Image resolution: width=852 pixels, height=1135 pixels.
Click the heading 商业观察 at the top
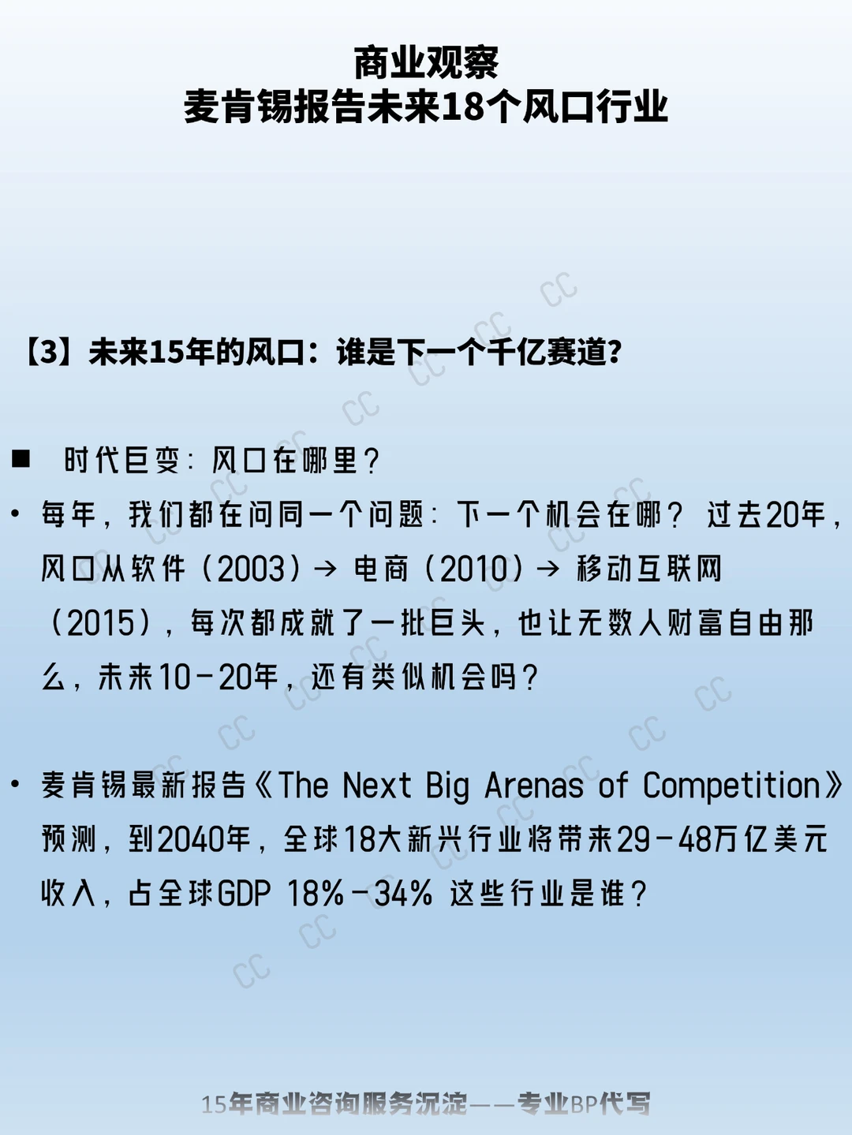click(x=426, y=63)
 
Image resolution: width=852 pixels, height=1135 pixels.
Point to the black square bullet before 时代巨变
click(x=21, y=459)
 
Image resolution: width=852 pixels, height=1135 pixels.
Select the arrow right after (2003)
click(x=326, y=569)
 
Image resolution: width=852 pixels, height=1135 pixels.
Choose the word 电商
click(x=381, y=569)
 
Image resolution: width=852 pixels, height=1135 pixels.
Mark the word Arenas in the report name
click(x=534, y=786)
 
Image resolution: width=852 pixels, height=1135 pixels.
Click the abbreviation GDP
click(x=244, y=893)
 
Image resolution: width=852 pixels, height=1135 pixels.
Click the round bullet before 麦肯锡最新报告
click(x=16, y=785)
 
